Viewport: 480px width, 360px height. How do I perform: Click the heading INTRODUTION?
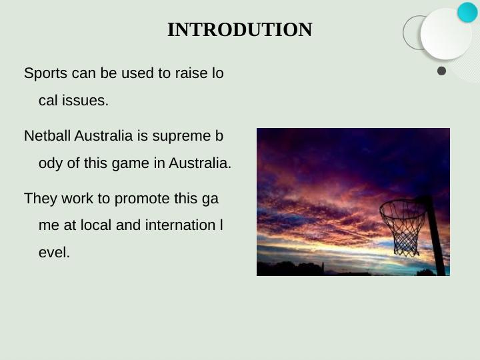tap(239, 30)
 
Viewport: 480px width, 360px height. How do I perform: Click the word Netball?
tap(47, 136)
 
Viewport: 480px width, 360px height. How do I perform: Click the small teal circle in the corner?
tap(467, 12)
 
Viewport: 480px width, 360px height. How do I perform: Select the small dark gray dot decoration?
tap(441, 71)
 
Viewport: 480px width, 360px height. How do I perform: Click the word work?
tap(72, 199)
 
